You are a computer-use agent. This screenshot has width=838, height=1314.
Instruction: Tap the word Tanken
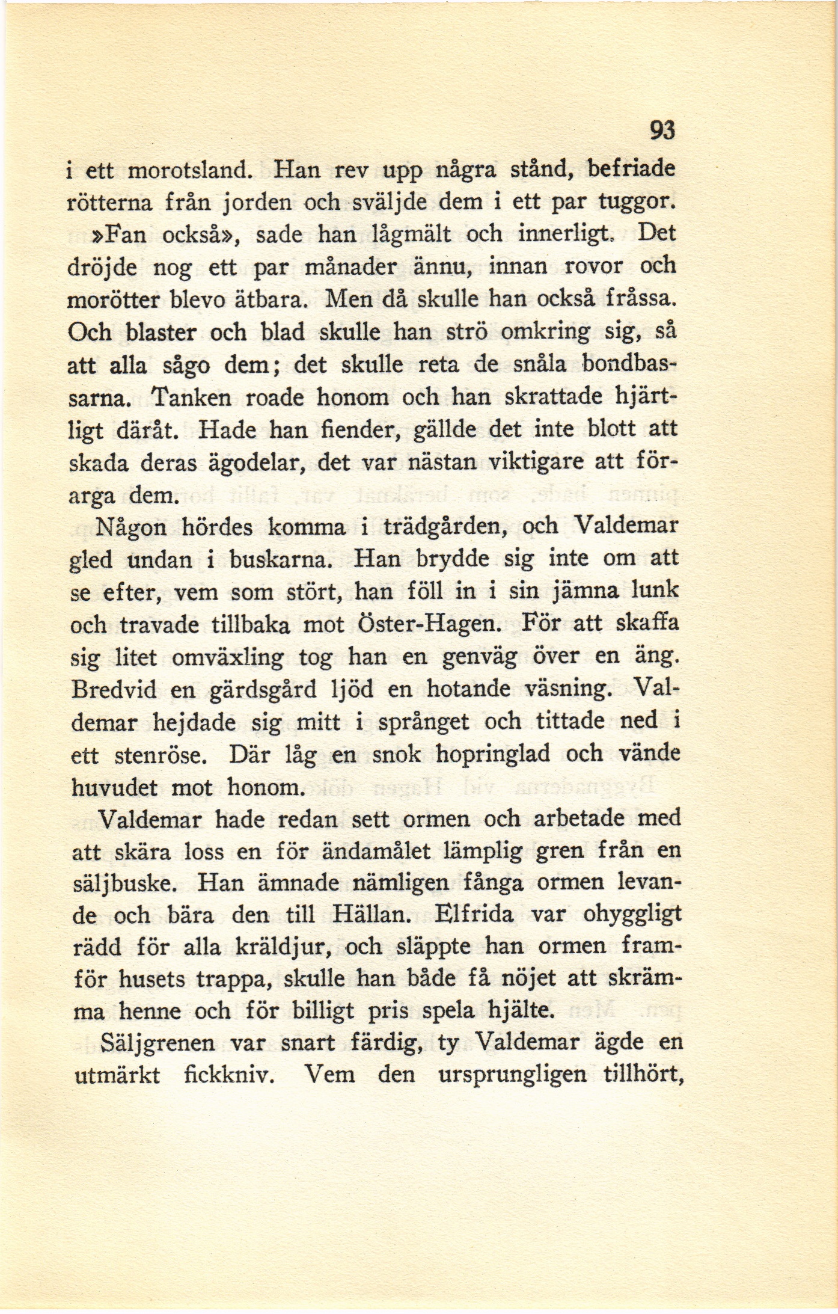pos(187,397)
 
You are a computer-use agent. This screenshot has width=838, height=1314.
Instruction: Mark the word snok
pos(396,754)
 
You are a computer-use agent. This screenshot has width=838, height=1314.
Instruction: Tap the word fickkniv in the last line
pos(230,1075)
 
